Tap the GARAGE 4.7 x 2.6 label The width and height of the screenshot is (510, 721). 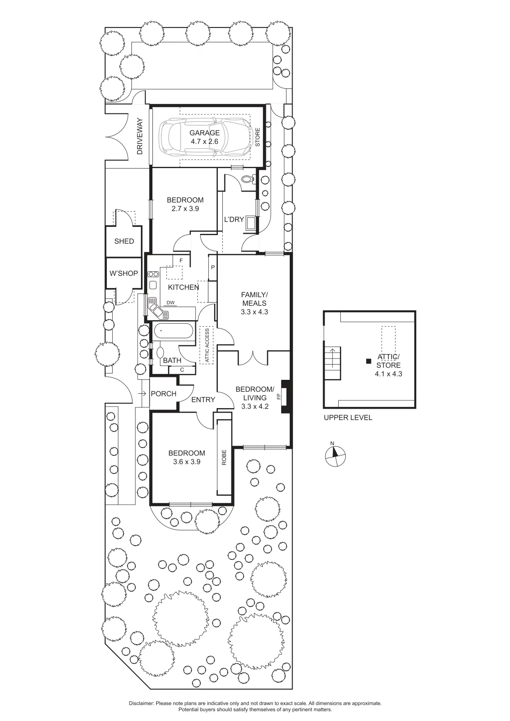(x=204, y=137)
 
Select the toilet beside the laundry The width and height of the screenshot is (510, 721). (x=248, y=179)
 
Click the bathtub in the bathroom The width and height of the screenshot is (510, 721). (x=173, y=330)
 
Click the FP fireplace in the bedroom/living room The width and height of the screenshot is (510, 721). (x=284, y=396)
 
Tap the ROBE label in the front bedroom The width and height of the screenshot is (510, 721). (x=224, y=458)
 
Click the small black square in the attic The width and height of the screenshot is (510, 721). (x=369, y=361)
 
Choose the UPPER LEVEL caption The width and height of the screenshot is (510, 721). (x=348, y=418)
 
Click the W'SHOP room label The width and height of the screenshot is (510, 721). (x=124, y=273)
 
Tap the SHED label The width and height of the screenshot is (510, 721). (x=124, y=241)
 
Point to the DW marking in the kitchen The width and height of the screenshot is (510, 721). (x=171, y=303)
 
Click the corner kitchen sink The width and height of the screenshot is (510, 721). (x=157, y=309)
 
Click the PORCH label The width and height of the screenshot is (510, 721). (x=163, y=394)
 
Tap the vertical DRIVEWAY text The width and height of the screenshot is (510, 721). (x=140, y=136)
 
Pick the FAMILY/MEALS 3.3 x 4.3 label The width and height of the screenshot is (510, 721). (x=254, y=303)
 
